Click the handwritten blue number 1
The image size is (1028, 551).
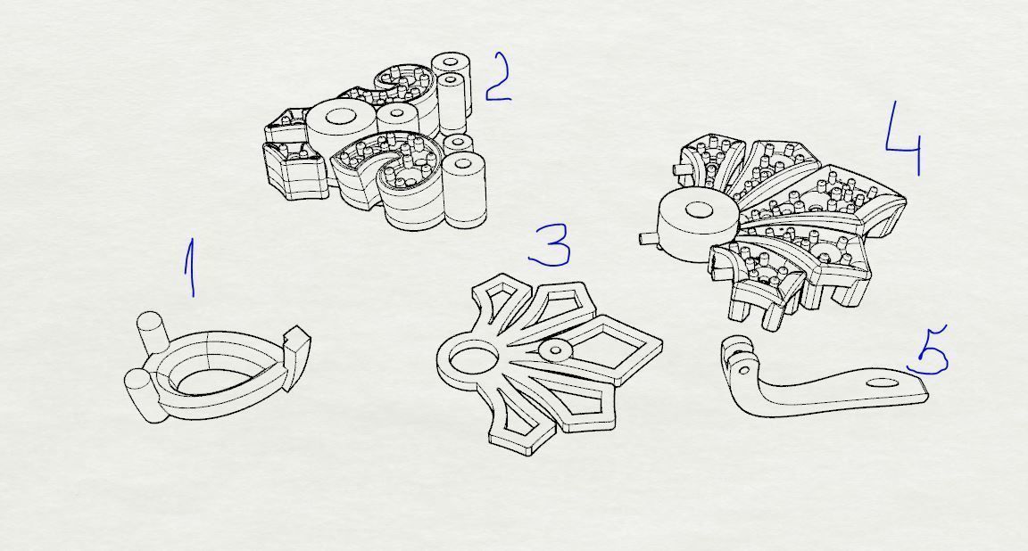click(x=190, y=268)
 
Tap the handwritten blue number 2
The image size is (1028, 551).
click(x=498, y=78)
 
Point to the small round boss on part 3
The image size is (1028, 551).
click(x=556, y=350)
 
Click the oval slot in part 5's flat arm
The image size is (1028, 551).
click(x=883, y=383)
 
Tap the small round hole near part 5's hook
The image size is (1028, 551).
click(x=745, y=371)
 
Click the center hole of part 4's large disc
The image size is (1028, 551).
click(x=699, y=210)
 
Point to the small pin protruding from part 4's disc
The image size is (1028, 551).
click(x=649, y=236)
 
